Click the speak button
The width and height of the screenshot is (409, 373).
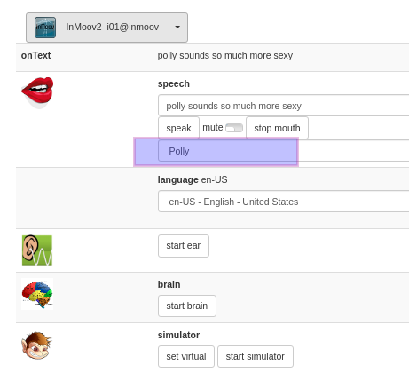pos(178,128)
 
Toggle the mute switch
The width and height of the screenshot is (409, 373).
pos(234,128)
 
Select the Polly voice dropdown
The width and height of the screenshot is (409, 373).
pos(284,151)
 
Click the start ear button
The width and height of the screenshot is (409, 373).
pos(184,246)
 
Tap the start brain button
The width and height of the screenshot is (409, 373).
pos(187,306)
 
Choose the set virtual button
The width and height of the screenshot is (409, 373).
pos(186,356)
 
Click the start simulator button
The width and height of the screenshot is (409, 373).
pos(256,356)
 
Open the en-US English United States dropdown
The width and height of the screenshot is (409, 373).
pos(284,202)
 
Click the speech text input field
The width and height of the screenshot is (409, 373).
pos(284,106)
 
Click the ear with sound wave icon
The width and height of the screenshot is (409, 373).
pos(37,250)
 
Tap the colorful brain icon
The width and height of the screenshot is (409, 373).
pos(37,294)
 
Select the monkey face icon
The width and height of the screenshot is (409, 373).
pos(36,345)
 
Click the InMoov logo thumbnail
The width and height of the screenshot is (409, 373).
pos(45,28)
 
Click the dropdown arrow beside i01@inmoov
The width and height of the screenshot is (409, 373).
pos(177,27)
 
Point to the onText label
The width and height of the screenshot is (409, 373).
pos(35,55)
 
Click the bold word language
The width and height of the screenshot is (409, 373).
pos(178,179)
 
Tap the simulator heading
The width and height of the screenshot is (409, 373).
pos(178,335)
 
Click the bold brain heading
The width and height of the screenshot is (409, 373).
pos(169,284)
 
